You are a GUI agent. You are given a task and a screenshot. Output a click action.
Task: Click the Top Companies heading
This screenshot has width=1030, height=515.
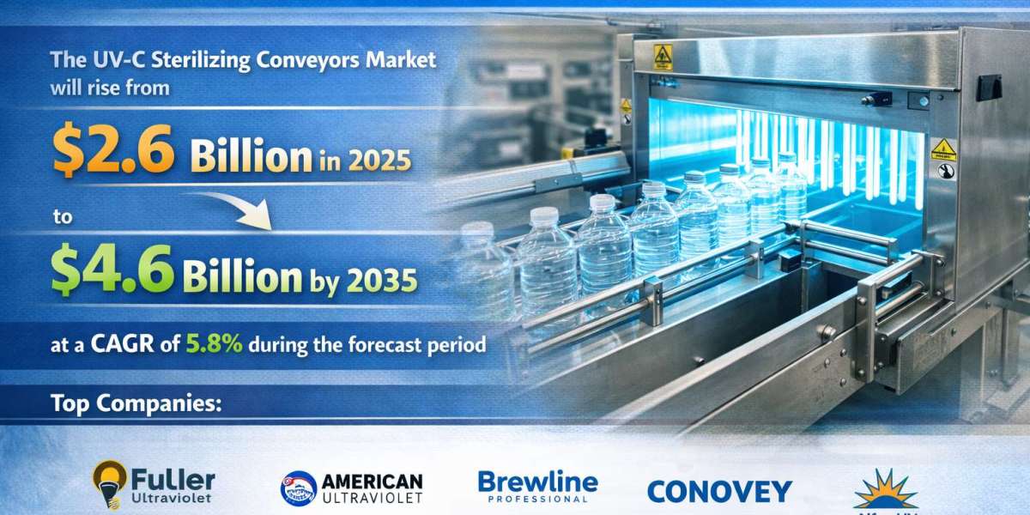[x=136, y=402]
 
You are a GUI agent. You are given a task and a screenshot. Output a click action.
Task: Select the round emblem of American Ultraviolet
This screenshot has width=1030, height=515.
[x=298, y=488]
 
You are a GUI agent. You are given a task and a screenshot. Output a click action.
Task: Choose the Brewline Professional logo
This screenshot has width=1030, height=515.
[x=537, y=485]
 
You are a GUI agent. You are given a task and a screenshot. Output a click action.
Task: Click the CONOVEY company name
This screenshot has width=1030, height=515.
[x=718, y=490]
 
